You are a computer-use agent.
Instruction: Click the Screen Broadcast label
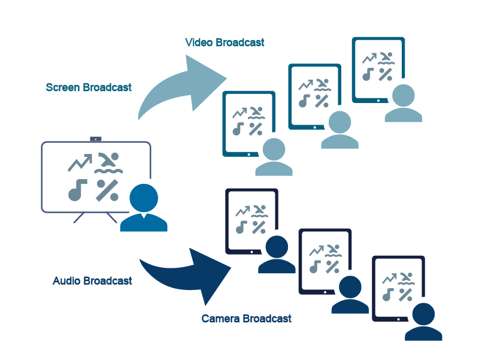89,87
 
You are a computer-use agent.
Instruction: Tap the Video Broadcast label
225,43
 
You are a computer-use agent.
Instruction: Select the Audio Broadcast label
92,281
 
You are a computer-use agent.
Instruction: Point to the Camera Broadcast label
247,319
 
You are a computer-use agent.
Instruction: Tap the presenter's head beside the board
144,197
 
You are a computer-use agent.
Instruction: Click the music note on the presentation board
77,190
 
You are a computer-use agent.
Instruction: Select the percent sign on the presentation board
107,190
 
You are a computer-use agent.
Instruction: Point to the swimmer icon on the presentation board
108,162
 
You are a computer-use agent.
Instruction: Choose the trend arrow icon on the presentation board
80,162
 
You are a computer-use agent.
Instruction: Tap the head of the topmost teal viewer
403,96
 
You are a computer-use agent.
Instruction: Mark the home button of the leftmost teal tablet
249,154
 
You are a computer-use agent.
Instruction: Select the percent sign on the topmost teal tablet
387,74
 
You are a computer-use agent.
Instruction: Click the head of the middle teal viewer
339,123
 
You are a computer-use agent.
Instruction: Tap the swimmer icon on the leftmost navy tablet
259,210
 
